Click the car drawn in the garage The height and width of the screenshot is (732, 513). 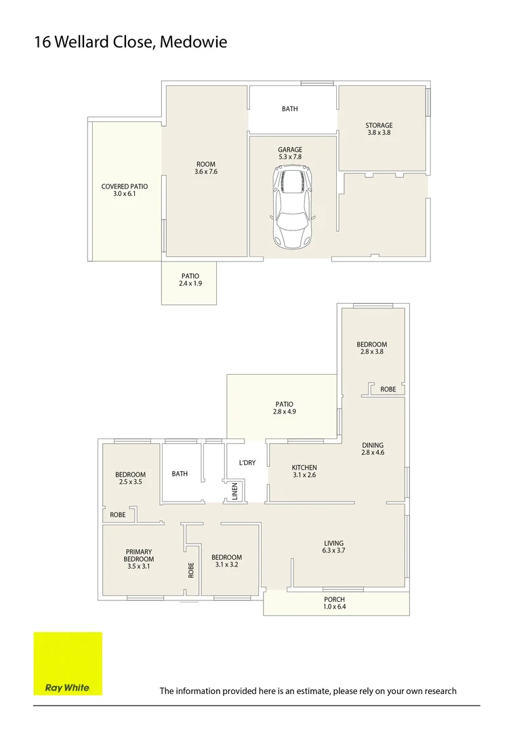[x=293, y=208]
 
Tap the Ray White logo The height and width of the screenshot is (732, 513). [x=68, y=664]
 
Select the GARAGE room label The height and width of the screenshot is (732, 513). [x=290, y=150]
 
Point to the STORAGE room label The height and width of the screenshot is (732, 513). [x=379, y=125]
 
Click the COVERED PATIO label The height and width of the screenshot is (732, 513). [x=125, y=186]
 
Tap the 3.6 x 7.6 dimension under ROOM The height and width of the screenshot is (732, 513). [x=206, y=172]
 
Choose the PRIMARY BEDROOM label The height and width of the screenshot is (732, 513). [x=138, y=556]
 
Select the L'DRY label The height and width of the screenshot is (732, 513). [x=247, y=463]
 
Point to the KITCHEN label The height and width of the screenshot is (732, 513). [x=304, y=468]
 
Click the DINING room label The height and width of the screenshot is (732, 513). [x=373, y=445]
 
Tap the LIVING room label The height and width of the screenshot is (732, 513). [x=334, y=543]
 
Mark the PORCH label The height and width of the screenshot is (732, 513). [x=334, y=600]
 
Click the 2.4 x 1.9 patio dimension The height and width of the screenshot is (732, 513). [x=190, y=284]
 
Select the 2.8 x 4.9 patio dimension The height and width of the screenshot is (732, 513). [x=284, y=412]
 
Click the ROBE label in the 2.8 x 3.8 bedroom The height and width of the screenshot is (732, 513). [x=388, y=389]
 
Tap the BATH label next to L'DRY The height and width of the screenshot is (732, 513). [x=180, y=474]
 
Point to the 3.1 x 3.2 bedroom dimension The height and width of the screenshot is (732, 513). [x=226, y=565]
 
